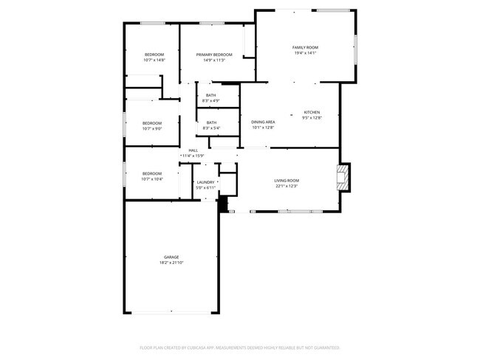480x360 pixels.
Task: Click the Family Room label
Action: pyautogui.click(x=305, y=47)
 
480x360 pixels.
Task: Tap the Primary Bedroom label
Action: pyautogui.click(x=213, y=55)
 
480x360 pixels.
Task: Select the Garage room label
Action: pyautogui.click(x=171, y=257)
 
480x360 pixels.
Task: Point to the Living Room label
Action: pyautogui.click(x=287, y=180)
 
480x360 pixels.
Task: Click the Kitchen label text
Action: pyautogui.click(x=312, y=112)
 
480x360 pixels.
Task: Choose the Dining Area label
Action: pyautogui.click(x=263, y=122)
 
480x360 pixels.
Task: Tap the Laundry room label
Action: pyautogui.click(x=205, y=182)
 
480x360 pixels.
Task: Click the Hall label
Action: pyautogui.click(x=193, y=150)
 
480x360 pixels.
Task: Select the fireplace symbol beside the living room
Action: pyautogui.click(x=342, y=178)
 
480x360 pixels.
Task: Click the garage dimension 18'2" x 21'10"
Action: pyautogui.click(x=171, y=263)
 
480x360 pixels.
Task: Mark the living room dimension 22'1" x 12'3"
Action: pyautogui.click(x=287, y=186)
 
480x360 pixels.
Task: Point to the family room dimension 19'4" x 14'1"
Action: pyautogui.click(x=305, y=53)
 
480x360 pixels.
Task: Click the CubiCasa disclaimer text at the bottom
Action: pyautogui.click(x=239, y=347)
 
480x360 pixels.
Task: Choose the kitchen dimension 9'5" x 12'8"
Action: pyautogui.click(x=312, y=118)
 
